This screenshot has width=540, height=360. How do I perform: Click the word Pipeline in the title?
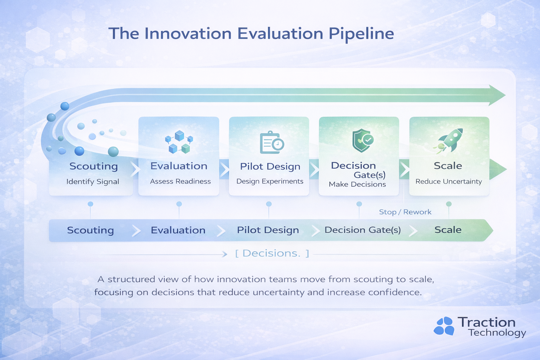click(361, 34)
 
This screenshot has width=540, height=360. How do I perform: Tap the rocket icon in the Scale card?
click(448, 141)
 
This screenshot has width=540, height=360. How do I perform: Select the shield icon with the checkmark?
click(362, 141)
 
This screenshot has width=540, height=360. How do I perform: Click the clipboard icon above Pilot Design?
click(272, 142)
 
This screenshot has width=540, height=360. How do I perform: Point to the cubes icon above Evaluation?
click(179, 142)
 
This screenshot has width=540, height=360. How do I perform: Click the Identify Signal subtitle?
click(93, 181)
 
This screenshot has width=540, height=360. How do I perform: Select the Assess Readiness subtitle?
click(180, 181)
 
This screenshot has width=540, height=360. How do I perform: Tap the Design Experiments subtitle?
click(270, 181)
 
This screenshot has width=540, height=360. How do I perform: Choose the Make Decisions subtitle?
click(357, 185)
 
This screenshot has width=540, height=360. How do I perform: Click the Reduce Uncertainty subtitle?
click(449, 181)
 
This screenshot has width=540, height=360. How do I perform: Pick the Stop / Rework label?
click(405, 212)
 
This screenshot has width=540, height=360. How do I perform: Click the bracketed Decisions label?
click(272, 253)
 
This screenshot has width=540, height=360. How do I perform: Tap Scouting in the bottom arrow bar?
click(90, 230)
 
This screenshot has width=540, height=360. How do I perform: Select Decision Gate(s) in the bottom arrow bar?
click(362, 230)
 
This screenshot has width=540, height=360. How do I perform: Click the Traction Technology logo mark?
click(444, 326)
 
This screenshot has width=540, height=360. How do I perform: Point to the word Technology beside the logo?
click(497, 333)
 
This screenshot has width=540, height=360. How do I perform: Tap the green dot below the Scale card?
click(449, 204)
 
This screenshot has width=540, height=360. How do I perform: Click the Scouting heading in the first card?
click(94, 166)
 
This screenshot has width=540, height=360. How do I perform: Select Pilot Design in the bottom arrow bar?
click(268, 230)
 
